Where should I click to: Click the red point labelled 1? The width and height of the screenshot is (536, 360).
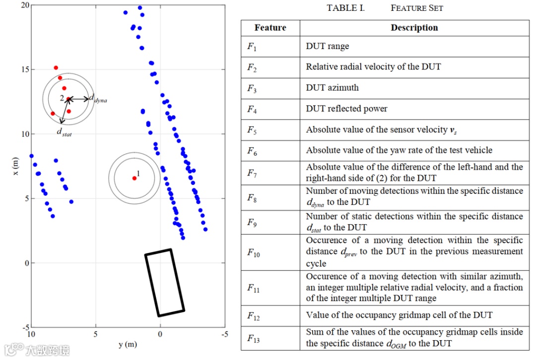point(134,178)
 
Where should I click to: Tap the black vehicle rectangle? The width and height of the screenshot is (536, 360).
point(165,283)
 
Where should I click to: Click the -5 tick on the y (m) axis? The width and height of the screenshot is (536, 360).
point(224,335)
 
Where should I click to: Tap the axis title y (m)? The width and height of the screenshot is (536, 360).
point(128,345)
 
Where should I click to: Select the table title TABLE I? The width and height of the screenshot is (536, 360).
point(345,8)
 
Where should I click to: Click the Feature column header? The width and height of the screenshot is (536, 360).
point(270,28)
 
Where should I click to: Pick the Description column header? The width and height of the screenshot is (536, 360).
point(414,28)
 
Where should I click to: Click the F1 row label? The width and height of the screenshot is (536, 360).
point(252,47)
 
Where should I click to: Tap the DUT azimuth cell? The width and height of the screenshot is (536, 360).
point(332,88)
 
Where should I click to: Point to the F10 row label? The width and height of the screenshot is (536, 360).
point(254,252)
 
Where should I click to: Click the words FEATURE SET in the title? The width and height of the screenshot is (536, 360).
point(416,8)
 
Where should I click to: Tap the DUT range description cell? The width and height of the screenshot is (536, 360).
point(327,46)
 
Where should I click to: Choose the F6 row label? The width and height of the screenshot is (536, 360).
point(252,150)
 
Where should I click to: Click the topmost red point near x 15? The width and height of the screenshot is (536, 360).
point(56,67)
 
